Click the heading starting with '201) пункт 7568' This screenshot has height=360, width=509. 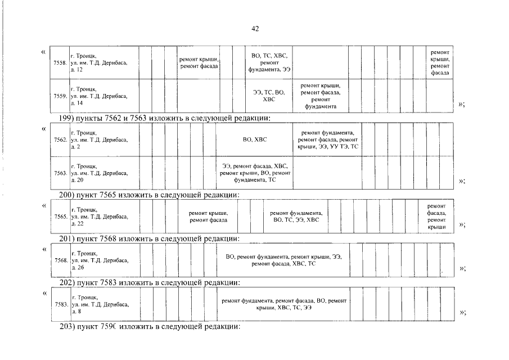[x=150, y=238]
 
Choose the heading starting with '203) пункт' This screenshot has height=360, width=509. [x=150, y=326]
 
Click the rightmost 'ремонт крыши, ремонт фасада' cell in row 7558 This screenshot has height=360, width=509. [x=440, y=63]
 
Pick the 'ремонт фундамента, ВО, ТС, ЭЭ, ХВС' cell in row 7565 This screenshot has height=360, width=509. [x=296, y=217]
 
